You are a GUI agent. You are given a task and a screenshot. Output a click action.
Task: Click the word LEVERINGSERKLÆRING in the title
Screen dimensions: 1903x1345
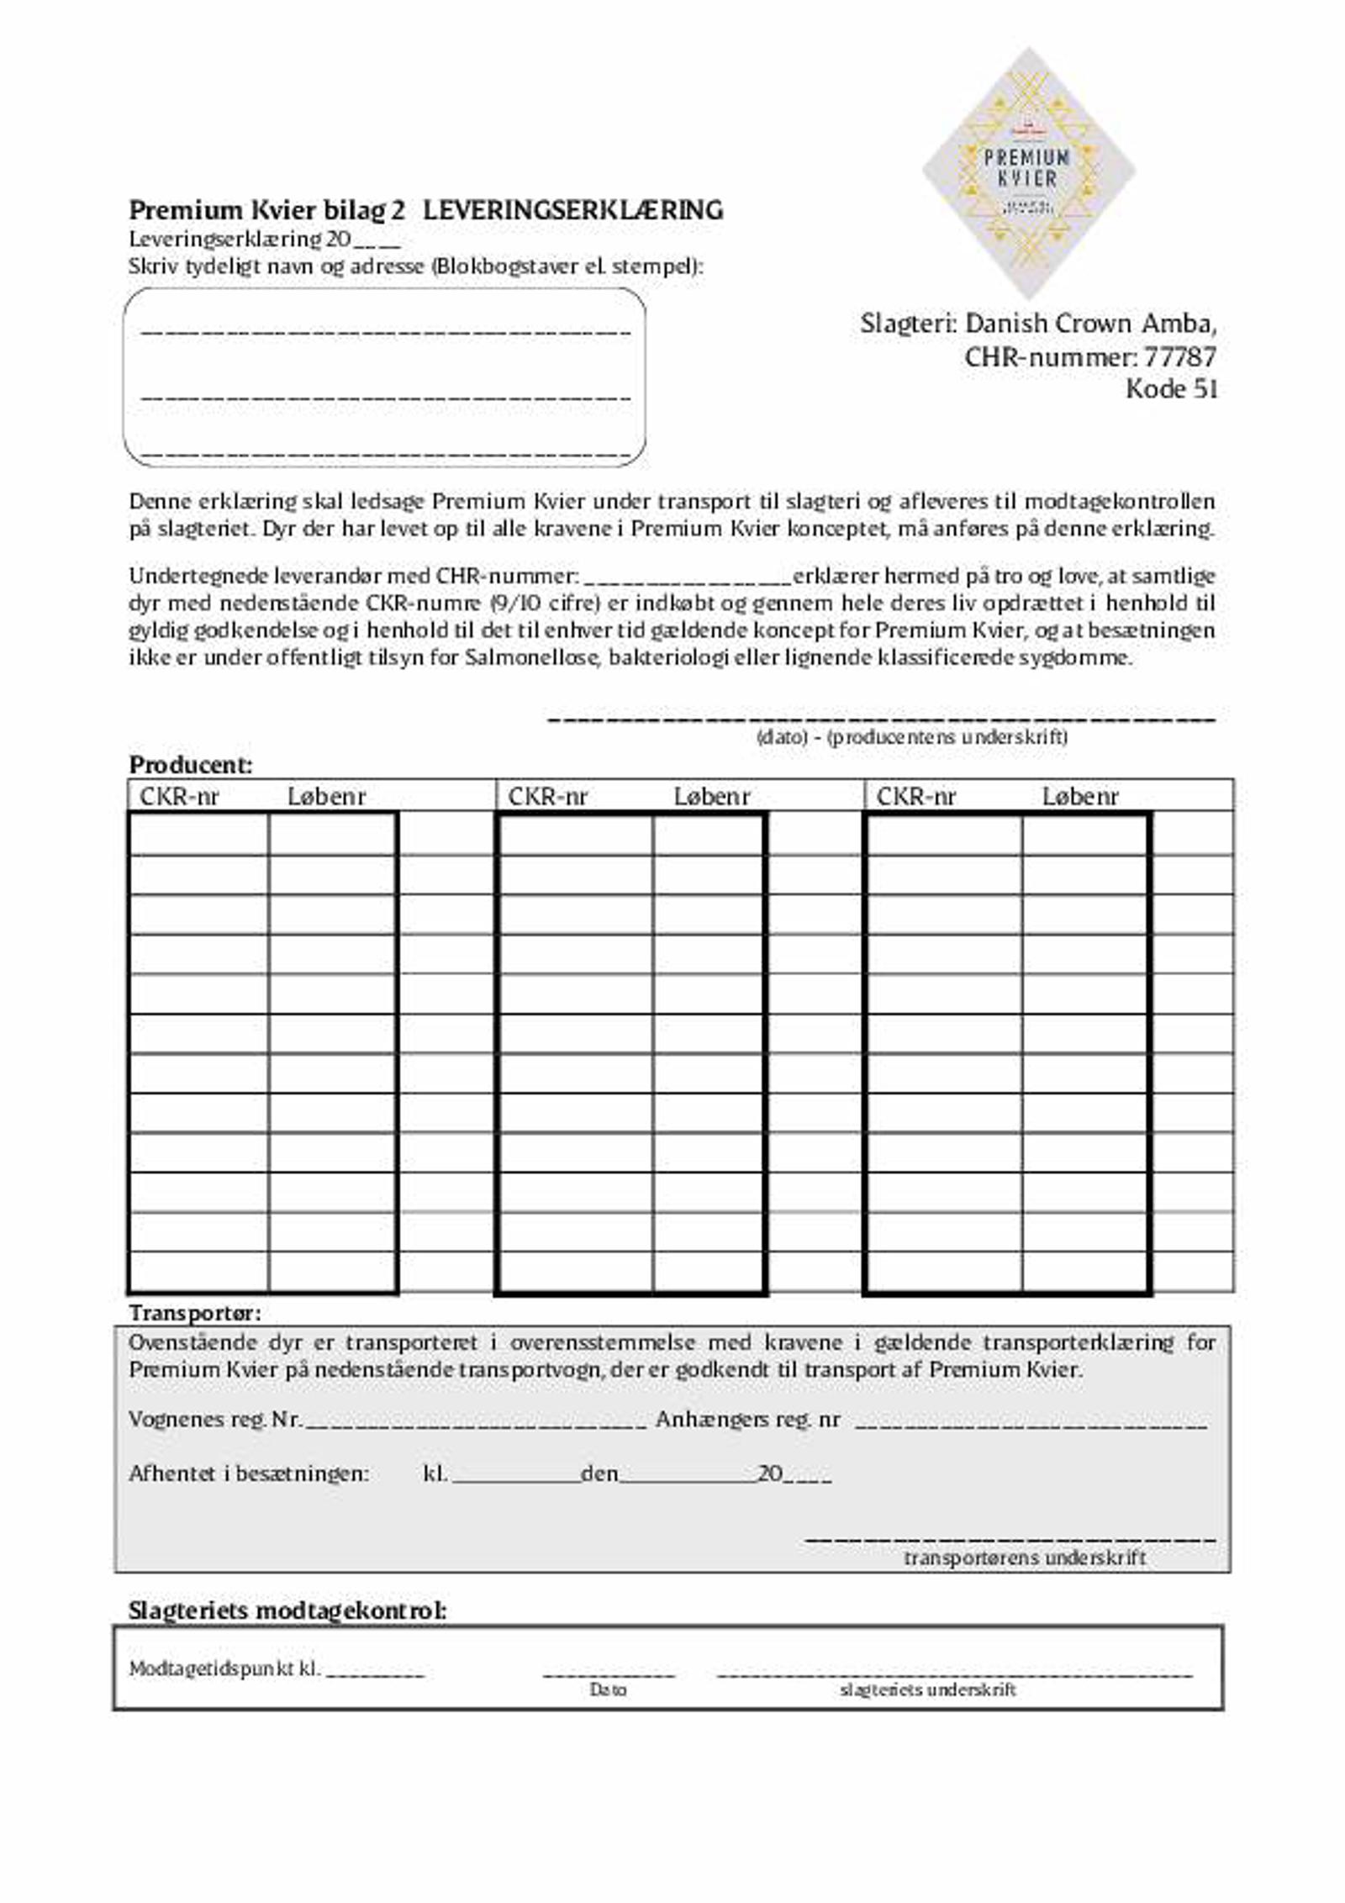tap(572, 210)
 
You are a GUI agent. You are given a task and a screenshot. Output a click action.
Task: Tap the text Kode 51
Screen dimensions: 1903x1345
tap(1171, 389)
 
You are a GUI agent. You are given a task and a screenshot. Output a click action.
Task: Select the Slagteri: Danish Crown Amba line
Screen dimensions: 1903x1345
tap(1038, 324)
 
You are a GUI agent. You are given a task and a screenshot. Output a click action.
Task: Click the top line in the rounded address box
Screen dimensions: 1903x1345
tap(385, 331)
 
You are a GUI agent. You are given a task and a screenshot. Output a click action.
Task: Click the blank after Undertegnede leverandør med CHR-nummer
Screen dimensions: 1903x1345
tap(687, 578)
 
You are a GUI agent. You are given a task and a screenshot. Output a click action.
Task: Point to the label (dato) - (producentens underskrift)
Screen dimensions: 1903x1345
tap(912, 738)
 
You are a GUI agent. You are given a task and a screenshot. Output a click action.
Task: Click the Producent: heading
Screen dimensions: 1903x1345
tap(191, 765)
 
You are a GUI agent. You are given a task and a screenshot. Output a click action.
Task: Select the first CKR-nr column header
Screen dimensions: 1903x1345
tap(179, 796)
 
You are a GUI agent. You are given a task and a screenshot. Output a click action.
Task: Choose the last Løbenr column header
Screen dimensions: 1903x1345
tap(1080, 796)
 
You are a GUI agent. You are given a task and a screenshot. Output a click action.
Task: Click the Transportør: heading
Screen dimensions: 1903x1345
tap(194, 1313)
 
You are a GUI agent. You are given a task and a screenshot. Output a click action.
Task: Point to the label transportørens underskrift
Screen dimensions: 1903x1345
tap(1025, 1558)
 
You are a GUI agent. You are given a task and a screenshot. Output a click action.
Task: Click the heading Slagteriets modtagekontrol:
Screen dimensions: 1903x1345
tap(287, 1610)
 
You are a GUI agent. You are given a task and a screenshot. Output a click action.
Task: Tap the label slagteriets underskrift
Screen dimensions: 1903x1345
tap(928, 1690)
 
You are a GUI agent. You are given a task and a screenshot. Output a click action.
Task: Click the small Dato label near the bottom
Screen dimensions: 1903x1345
tap(608, 1690)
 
